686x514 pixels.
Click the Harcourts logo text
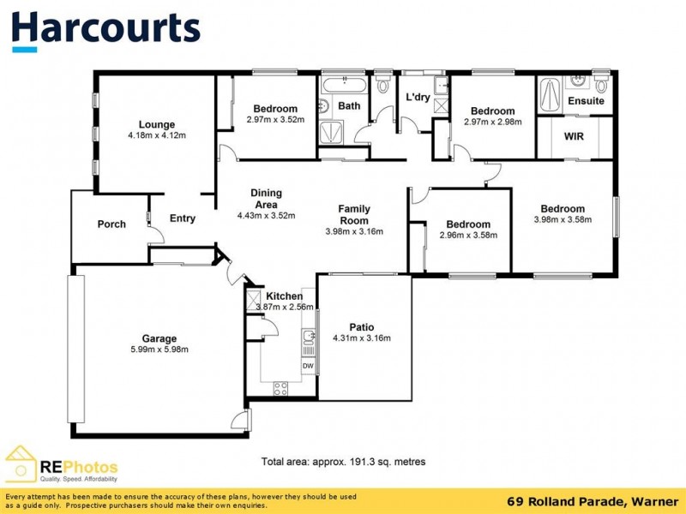(106, 28)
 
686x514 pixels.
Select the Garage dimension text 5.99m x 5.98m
(159, 349)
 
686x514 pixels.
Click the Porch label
(111, 224)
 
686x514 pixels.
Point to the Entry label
(182, 218)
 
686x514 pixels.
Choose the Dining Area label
(266, 199)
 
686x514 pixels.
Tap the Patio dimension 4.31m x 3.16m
(362, 338)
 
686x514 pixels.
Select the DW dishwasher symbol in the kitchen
(307, 366)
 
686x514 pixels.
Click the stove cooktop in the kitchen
(281, 388)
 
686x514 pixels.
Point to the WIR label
(574, 136)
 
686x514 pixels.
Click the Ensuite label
(587, 101)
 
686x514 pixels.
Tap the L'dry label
(418, 97)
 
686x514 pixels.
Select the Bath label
(349, 106)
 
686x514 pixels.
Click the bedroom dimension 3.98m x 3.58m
(563, 219)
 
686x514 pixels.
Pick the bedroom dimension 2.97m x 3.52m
(275, 120)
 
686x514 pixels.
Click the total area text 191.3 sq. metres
(343, 462)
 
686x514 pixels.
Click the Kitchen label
(284, 296)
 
